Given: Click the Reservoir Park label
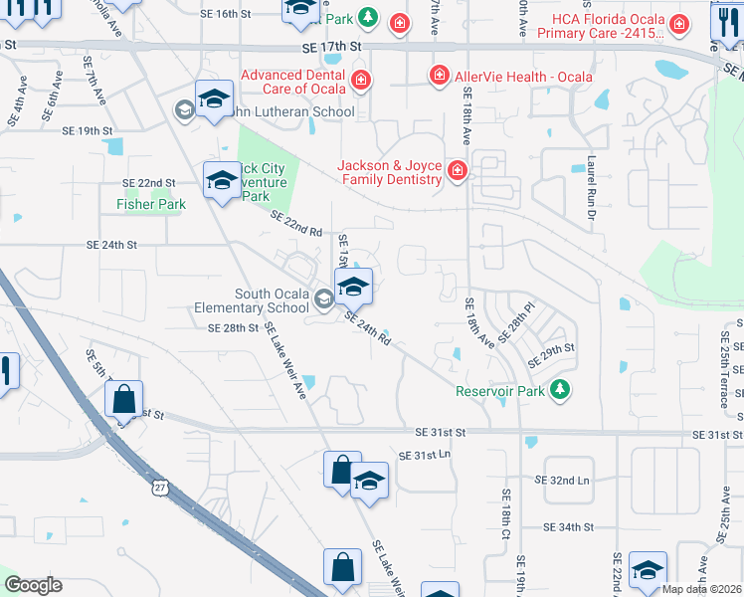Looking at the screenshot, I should pyautogui.click(x=499, y=391).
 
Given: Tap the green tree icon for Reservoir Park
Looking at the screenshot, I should pyautogui.click(x=561, y=389).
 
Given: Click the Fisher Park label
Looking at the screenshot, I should pyautogui.click(x=151, y=204).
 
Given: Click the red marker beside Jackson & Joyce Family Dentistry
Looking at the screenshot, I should pyautogui.click(x=457, y=171).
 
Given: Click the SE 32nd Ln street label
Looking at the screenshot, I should pyautogui.click(x=562, y=480).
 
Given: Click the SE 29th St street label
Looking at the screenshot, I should pyautogui.click(x=552, y=350).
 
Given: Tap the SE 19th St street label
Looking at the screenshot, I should pyautogui.click(x=88, y=130).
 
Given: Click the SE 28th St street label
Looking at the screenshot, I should pyautogui.click(x=233, y=327).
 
